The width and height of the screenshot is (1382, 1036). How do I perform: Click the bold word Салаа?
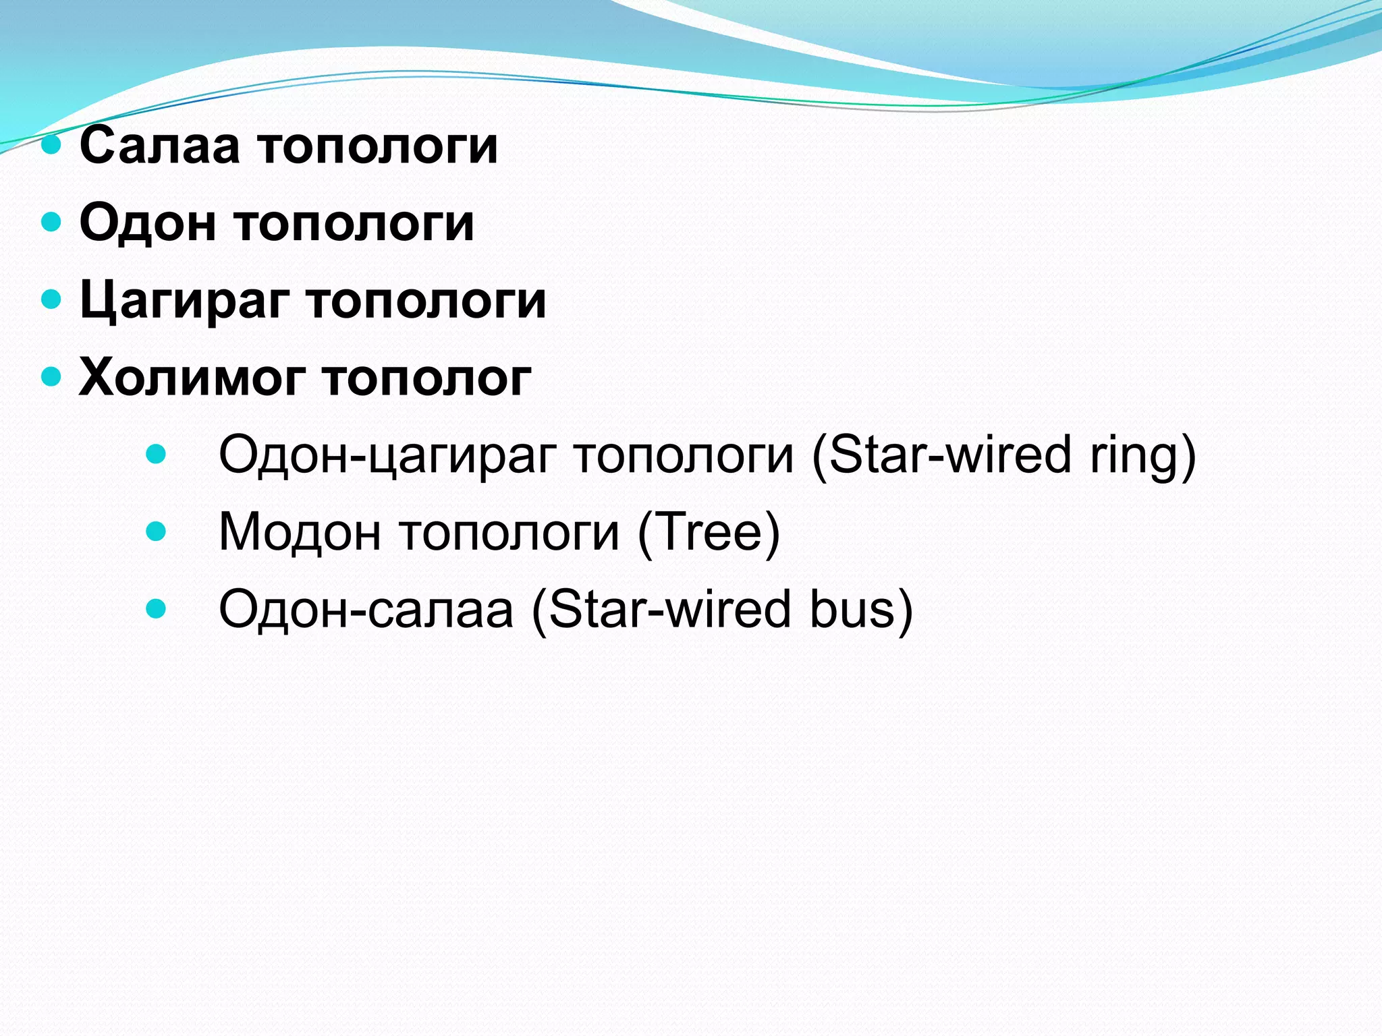159,145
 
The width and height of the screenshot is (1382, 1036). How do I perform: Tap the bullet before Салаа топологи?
51,144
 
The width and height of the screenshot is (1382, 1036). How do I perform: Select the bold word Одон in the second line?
148,223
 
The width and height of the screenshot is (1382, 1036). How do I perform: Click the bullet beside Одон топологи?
51,221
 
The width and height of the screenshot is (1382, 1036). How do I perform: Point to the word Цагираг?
184,301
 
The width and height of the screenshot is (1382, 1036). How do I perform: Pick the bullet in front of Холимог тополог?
51,376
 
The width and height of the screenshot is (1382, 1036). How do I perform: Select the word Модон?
300,533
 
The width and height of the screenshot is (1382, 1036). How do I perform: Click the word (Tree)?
709,533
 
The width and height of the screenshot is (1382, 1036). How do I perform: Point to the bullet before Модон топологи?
156,531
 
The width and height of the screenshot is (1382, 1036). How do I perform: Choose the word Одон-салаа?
365,610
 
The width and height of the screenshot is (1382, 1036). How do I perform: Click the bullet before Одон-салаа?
156,609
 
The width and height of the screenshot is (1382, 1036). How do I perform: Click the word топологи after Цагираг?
426,301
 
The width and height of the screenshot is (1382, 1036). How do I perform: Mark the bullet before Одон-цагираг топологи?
156,454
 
